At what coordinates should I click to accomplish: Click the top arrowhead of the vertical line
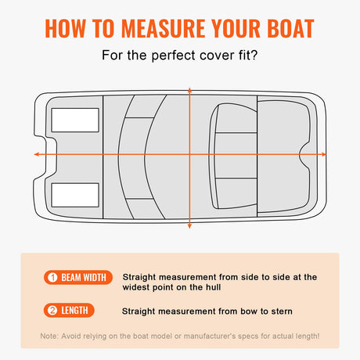[x=189, y=82]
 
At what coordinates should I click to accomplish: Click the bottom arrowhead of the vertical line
[x=189, y=227]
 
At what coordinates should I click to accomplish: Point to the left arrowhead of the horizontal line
[x=36, y=154]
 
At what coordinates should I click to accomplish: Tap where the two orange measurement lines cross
[x=189, y=154]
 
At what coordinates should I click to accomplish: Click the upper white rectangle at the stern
[x=75, y=120]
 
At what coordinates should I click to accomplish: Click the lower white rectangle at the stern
[x=75, y=195]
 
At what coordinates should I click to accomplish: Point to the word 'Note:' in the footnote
[x=52, y=336]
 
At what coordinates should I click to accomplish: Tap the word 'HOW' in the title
[x=67, y=28]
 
